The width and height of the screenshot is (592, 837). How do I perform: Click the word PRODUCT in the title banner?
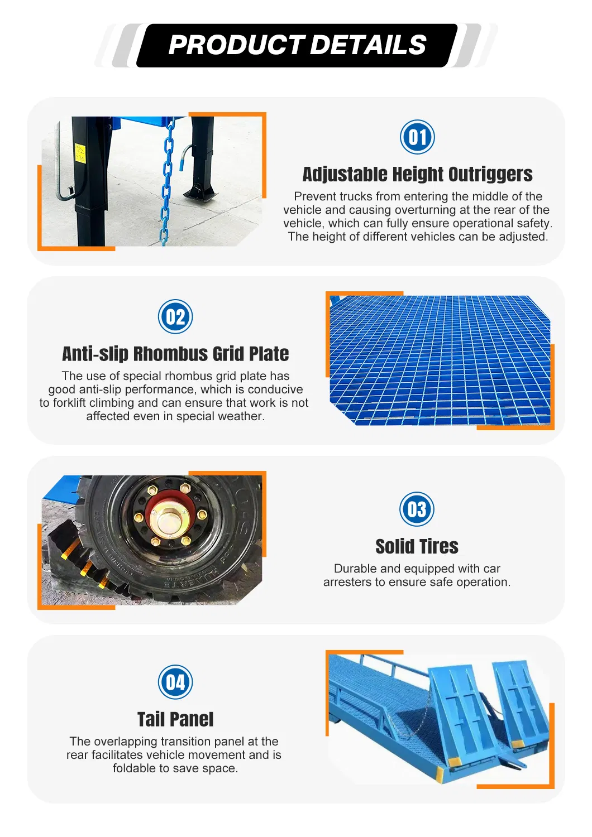(x=236, y=45)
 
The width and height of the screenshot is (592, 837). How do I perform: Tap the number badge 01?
(x=417, y=137)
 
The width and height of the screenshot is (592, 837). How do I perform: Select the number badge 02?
(x=175, y=316)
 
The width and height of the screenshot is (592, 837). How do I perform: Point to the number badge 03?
(x=417, y=509)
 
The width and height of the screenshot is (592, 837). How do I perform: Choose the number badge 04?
(x=175, y=682)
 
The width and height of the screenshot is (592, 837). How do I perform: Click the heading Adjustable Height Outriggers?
(x=417, y=175)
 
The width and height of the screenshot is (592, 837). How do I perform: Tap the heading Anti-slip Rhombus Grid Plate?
(x=175, y=354)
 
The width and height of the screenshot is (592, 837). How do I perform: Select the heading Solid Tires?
(x=417, y=546)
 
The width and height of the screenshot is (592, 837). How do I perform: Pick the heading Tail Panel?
(x=175, y=719)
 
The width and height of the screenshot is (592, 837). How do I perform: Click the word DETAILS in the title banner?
(x=369, y=45)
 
